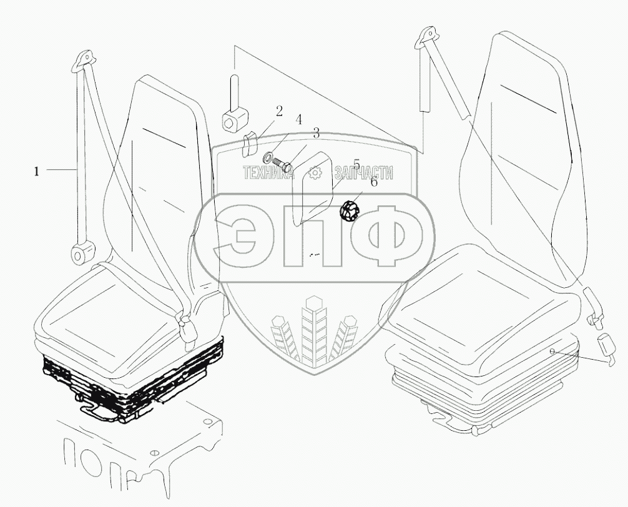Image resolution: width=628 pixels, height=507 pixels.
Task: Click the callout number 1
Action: [x=37, y=171]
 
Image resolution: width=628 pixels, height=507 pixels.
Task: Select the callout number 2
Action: [x=279, y=112]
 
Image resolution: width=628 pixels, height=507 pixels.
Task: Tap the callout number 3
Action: [x=316, y=133]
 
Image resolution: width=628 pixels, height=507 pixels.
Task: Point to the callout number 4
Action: [x=299, y=119]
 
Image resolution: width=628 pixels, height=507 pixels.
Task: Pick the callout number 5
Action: [x=356, y=164]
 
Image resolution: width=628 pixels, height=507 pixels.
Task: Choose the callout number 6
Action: [x=374, y=182]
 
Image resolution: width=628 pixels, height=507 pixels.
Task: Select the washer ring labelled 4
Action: [x=269, y=156]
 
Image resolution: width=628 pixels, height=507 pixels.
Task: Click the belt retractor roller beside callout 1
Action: [x=80, y=254]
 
